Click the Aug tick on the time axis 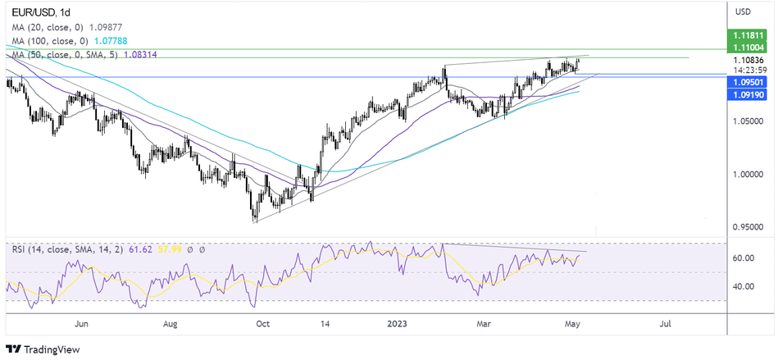tap(170, 323)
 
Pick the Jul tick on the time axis tap(665, 323)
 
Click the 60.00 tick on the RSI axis tap(744, 258)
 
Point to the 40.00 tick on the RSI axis tap(744, 286)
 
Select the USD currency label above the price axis tap(743, 11)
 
